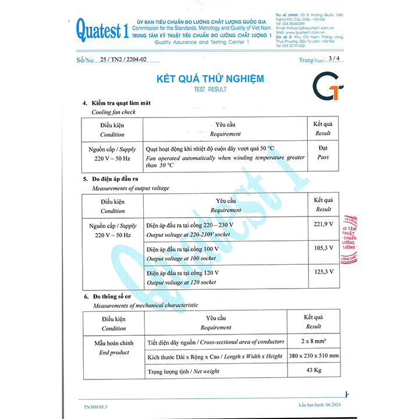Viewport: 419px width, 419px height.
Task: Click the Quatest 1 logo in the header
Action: click(101, 29)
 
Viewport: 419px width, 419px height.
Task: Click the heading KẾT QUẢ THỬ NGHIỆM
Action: click(210, 79)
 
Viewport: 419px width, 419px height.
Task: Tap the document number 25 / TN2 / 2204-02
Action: click(123, 59)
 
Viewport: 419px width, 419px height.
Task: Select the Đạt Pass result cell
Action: click(323, 152)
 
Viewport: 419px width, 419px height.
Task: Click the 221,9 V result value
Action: click(323, 224)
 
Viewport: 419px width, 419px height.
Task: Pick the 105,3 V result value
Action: click(323, 247)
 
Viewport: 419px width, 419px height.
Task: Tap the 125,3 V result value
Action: click(323, 271)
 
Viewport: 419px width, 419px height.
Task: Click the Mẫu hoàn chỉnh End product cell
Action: click(113, 348)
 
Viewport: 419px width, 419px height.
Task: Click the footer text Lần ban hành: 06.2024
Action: click(323, 404)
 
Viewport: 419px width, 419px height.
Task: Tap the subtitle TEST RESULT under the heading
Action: click(210, 90)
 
